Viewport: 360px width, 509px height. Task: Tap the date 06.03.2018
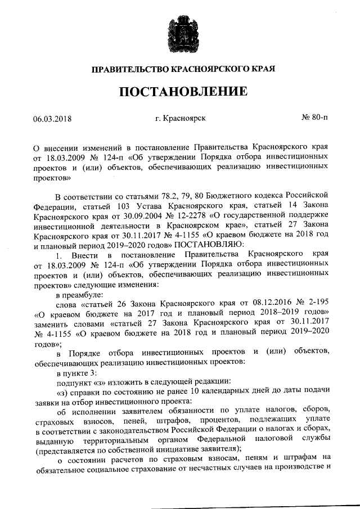click(x=53, y=119)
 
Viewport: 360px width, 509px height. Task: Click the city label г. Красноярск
click(x=180, y=118)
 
